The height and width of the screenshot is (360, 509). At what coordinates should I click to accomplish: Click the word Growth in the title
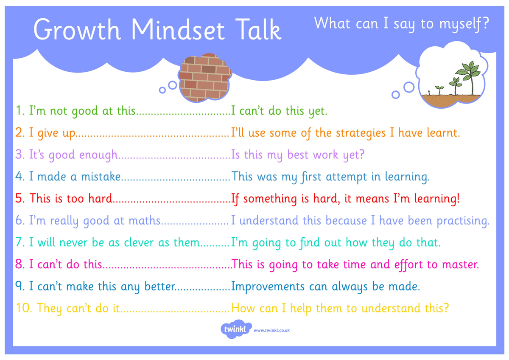77,30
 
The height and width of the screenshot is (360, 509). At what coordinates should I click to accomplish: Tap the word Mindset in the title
178,30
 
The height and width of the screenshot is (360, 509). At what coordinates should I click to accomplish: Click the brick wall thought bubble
204,78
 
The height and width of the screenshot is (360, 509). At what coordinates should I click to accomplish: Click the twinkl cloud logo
236,329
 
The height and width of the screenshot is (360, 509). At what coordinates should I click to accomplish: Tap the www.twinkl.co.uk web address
271,330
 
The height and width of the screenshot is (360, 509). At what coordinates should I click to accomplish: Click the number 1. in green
20,111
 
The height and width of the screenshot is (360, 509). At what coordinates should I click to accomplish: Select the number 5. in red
20,198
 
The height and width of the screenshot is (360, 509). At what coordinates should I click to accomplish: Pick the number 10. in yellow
24,308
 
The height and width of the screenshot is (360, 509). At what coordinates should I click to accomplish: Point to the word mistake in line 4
101,177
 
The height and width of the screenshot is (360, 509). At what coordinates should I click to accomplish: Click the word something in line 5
270,199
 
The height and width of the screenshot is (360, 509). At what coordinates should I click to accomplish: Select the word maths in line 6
145,221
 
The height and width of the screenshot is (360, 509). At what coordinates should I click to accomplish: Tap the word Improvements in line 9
268,287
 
